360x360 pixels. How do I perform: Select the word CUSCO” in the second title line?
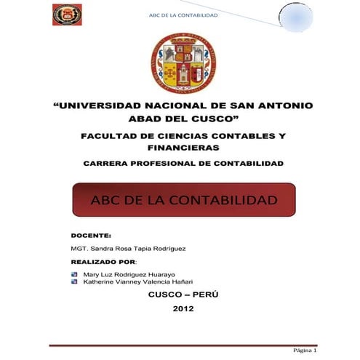coord(212,119)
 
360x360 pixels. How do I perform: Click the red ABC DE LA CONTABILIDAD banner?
coord(183,199)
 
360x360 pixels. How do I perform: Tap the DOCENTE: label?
coord(91,236)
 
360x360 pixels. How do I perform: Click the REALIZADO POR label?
coord(103,260)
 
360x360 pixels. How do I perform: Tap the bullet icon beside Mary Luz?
coord(74,273)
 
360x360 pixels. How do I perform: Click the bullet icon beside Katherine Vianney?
coord(74,281)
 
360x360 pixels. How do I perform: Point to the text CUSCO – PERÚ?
coord(183,295)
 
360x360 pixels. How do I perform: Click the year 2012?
coord(183,309)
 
